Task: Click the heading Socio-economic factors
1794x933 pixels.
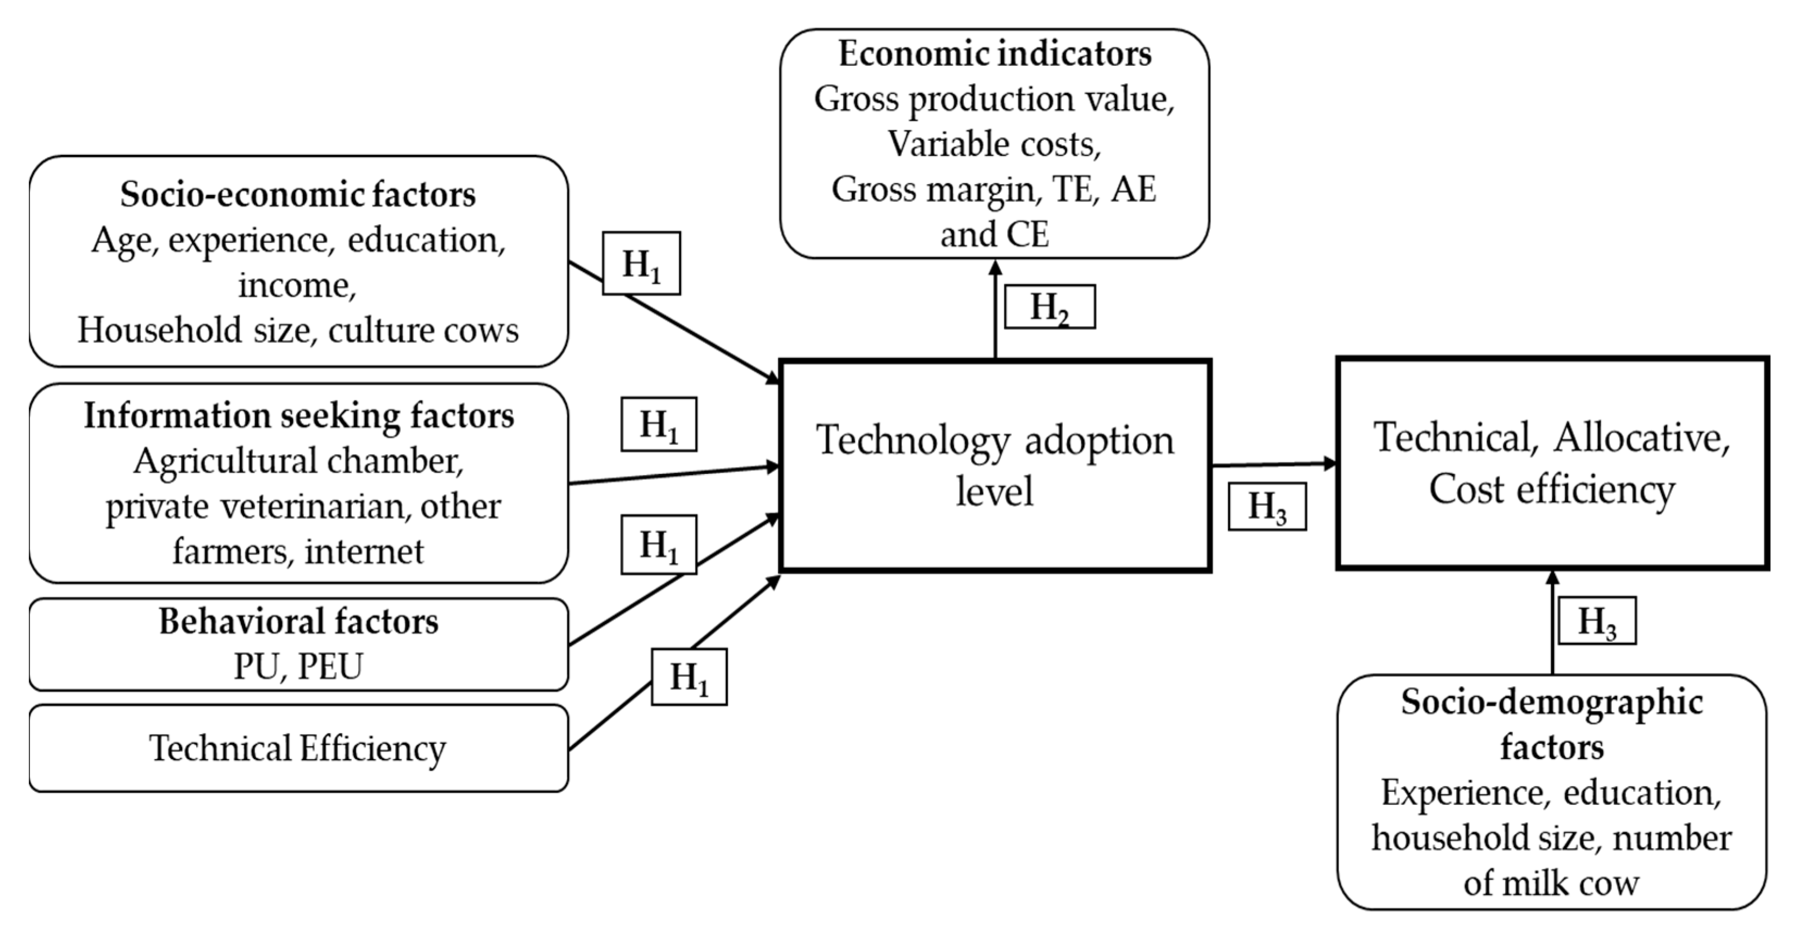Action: (297, 194)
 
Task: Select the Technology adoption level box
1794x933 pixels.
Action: (995, 465)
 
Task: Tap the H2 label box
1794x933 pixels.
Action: (1049, 306)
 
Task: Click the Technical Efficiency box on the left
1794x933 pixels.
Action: (298, 748)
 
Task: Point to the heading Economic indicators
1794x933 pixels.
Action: (995, 54)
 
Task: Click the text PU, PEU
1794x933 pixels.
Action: (298, 666)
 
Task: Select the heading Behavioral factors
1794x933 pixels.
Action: (298, 621)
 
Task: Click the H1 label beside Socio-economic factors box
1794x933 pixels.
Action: (641, 263)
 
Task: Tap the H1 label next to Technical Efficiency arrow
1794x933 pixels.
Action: (689, 677)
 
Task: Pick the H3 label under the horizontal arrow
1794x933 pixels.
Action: (1266, 506)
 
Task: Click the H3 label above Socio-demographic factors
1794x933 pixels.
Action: (1596, 621)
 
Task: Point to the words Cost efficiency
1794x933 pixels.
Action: (1552, 490)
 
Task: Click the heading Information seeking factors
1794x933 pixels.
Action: (298, 416)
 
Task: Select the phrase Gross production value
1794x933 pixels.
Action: (995, 99)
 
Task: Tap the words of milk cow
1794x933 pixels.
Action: (1551, 883)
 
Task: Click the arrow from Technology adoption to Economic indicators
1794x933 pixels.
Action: (995, 314)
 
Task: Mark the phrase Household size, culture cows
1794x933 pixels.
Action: (298, 330)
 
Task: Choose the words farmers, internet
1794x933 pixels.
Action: (298, 552)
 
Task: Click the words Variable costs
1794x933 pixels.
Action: (995, 144)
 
